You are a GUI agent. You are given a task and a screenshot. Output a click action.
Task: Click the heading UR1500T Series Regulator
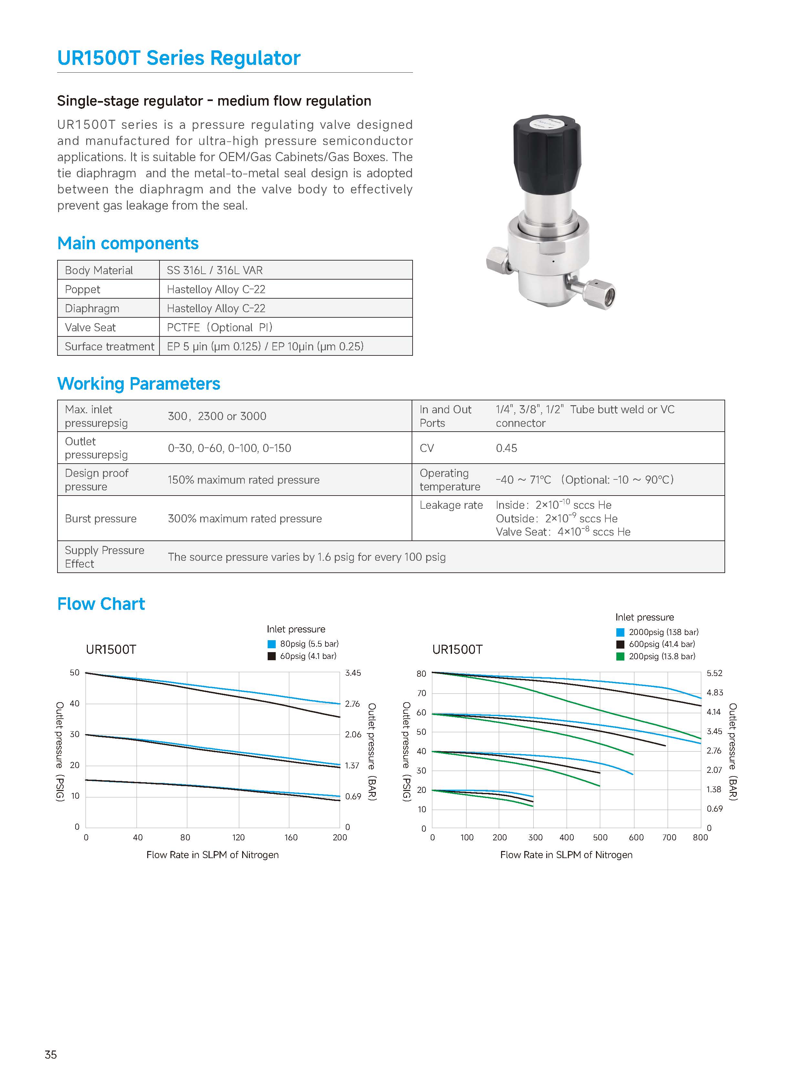click(x=179, y=58)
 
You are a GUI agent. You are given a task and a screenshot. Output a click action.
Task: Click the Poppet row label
click(x=82, y=290)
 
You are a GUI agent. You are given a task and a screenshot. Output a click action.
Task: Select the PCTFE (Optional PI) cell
click(x=219, y=327)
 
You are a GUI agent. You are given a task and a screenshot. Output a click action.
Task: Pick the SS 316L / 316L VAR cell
click(x=214, y=270)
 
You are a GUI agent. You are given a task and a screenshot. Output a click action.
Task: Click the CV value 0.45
click(x=506, y=448)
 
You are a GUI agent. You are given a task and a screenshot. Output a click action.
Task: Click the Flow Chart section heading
click(x=101, y=604)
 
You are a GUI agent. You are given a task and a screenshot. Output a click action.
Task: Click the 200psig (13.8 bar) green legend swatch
click(x=620, y=656)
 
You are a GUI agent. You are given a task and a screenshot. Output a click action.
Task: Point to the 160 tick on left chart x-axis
click(x=291, y=837)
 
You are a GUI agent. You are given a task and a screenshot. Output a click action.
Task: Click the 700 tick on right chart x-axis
click(x=669, y=837)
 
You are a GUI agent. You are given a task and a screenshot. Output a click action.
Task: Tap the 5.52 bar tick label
click(x=714, y=673)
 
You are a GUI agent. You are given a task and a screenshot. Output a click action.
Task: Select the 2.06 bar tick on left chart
click(x=353, y=734)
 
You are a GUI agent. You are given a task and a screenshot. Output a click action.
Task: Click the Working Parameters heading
click(x=139, y=384)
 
